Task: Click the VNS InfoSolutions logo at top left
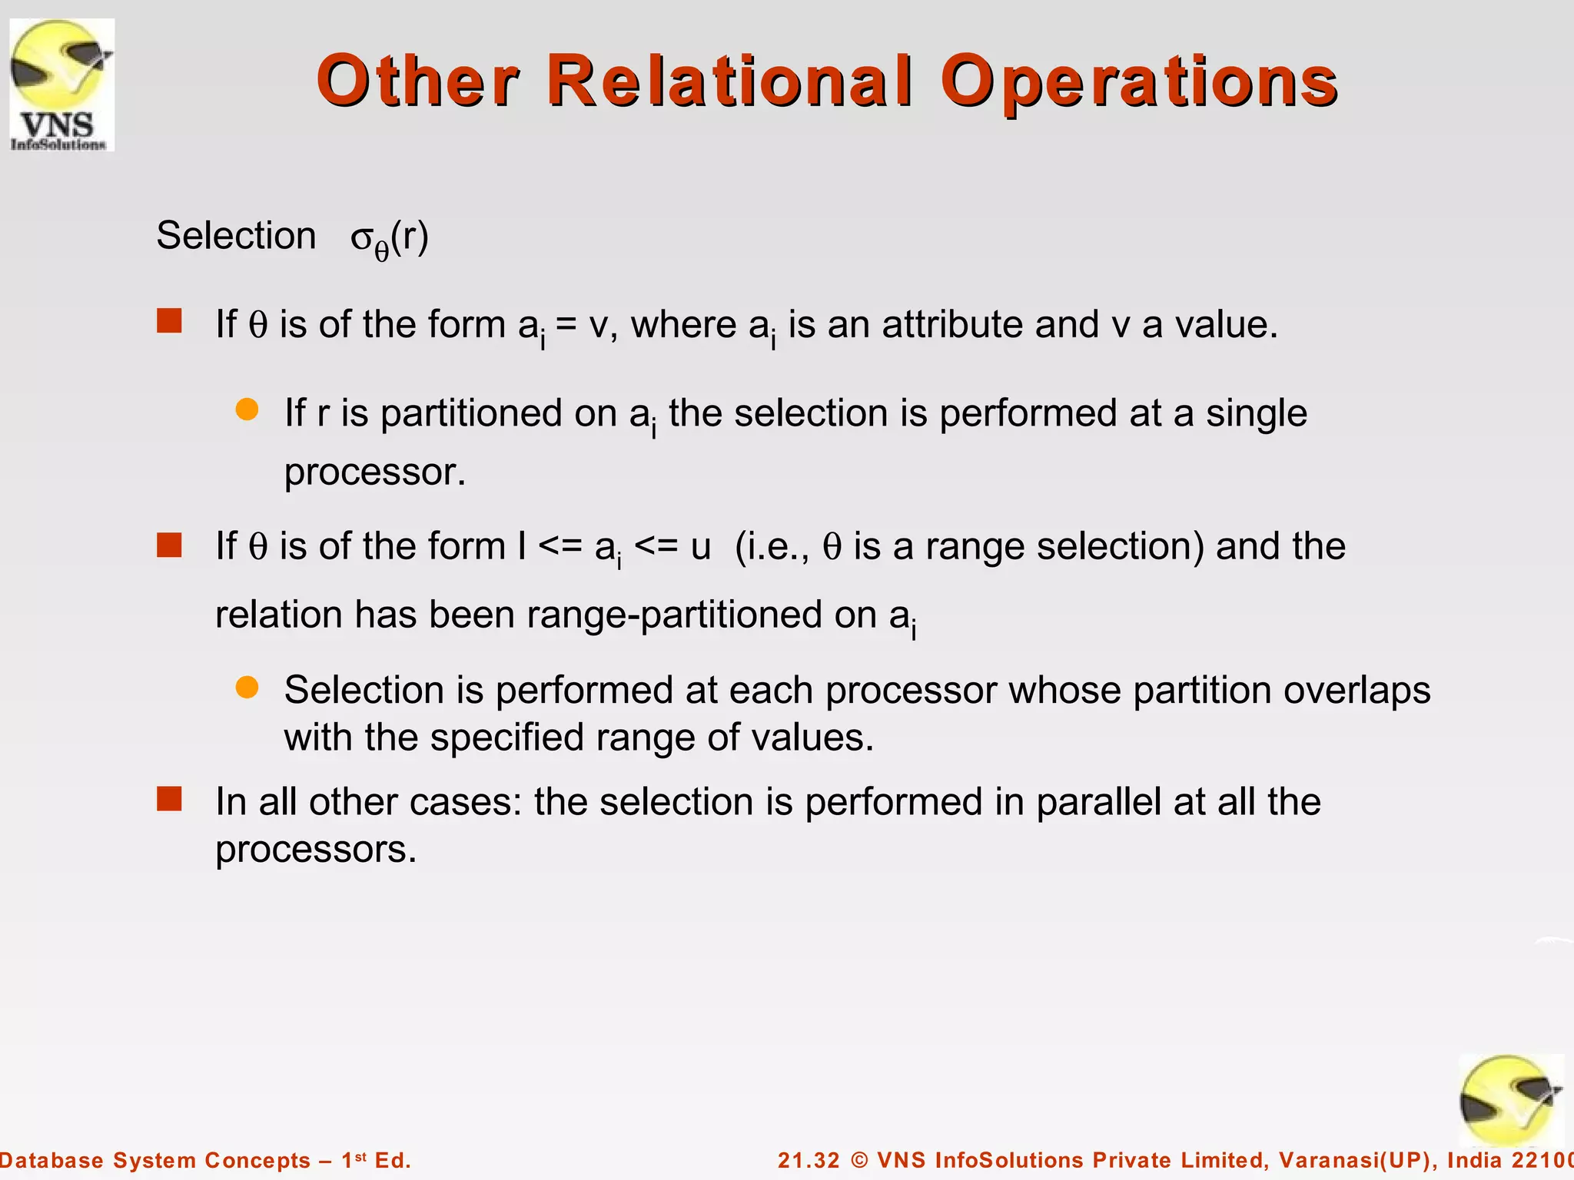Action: click(x=61, y=85)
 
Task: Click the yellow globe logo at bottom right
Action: click(x=1510, y=1101)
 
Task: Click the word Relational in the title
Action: click(x=731, y=81)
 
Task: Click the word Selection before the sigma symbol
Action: click(x=236, y=236)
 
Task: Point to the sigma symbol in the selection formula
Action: click(x=361, y=238)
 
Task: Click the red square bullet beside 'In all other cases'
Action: click(x=169, y=799)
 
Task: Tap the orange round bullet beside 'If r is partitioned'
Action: click(x=247, y=409)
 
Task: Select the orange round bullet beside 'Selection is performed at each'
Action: click(x=247, y=687)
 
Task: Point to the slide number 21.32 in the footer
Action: click(x=809, y=1160)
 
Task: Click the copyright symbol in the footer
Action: click(x=859, y=1160)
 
